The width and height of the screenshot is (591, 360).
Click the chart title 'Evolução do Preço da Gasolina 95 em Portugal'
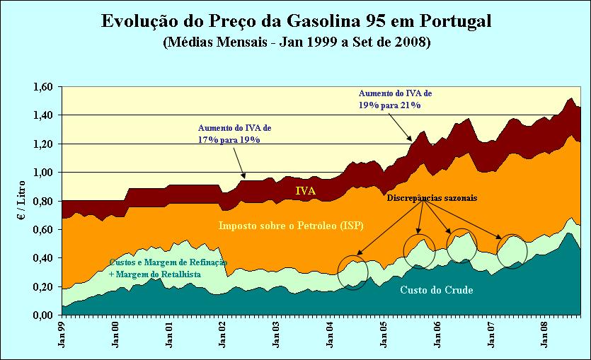[296, 21]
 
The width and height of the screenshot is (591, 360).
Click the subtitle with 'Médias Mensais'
[296, 42]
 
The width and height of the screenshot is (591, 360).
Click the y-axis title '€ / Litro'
[21, 201]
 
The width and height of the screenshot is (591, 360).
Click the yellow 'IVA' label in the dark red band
[306, 190]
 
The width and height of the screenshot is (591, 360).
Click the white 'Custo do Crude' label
[436, 290]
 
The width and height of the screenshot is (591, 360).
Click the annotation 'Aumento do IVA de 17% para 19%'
[234, 134]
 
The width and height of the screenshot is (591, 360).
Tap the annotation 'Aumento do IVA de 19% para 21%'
[395, 99]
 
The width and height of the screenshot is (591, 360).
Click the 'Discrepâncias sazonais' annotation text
[431, 199]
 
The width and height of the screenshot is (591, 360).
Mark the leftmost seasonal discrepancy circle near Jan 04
[353, 272]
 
